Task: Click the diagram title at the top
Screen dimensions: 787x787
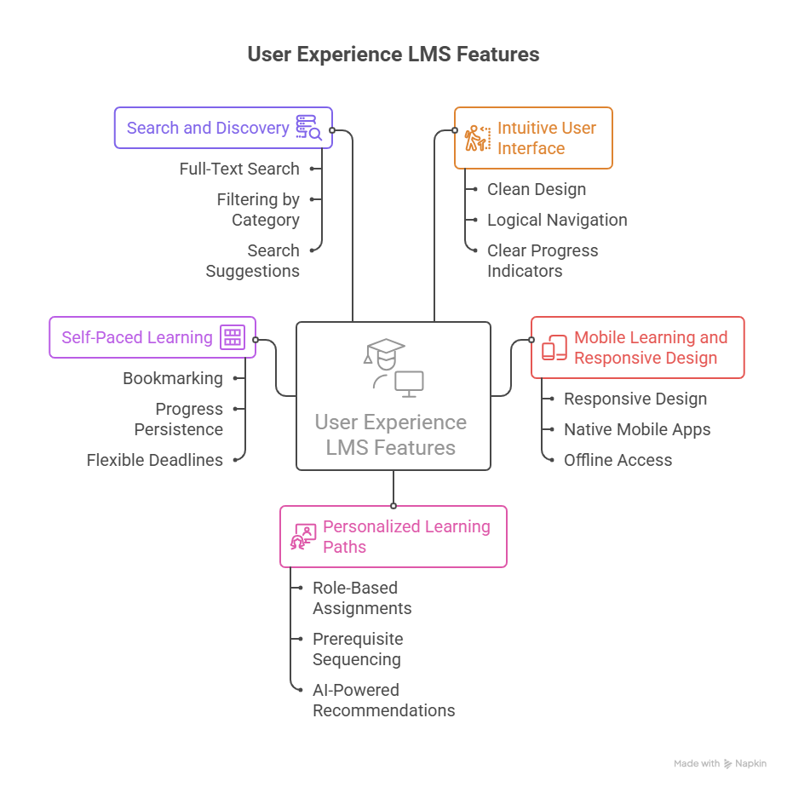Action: (393, 55)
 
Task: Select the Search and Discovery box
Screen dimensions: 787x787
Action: (209, 128)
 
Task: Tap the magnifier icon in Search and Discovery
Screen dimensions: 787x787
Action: (307, 128)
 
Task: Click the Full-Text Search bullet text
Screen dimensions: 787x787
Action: (238, 169)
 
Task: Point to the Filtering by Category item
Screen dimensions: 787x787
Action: (257, 210)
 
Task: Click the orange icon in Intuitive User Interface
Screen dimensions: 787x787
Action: (476, 138)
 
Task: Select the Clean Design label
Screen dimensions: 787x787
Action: (536, 189)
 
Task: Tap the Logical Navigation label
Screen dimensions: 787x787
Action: (557, 220)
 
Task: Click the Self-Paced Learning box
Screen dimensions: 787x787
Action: (137, 337)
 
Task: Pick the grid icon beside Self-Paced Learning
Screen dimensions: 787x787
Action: (233, 337)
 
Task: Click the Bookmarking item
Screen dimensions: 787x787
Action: (172, 378)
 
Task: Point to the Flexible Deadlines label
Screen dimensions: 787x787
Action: (154, 460)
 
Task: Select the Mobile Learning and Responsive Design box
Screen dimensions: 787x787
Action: (650, 348)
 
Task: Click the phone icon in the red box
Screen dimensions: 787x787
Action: (554, 348)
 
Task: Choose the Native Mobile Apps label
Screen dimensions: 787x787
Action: (636, 429)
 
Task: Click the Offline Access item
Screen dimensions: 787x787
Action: (618, 460)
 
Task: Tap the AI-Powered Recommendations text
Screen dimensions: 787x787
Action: (383, 700)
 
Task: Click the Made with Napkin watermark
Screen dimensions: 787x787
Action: (720, 764)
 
